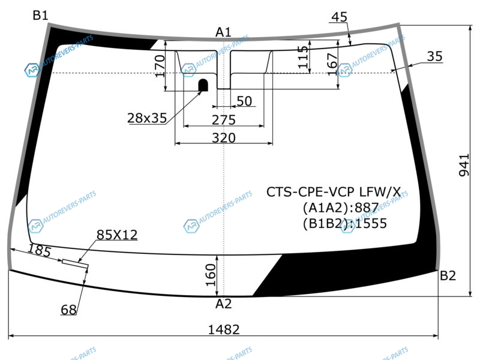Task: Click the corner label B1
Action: tap(40, 15)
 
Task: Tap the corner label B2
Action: tap(448, 276)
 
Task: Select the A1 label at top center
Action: tap(223, 32)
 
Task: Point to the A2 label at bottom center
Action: tap(223, 304)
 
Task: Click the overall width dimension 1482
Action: tap(223, 329)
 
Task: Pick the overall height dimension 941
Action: tap(464, 165)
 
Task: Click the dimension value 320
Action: tap(224, 138)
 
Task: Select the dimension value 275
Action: tap(224, 120)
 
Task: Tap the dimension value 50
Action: tap(244, 101)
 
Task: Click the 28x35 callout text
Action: tap(147, 118)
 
